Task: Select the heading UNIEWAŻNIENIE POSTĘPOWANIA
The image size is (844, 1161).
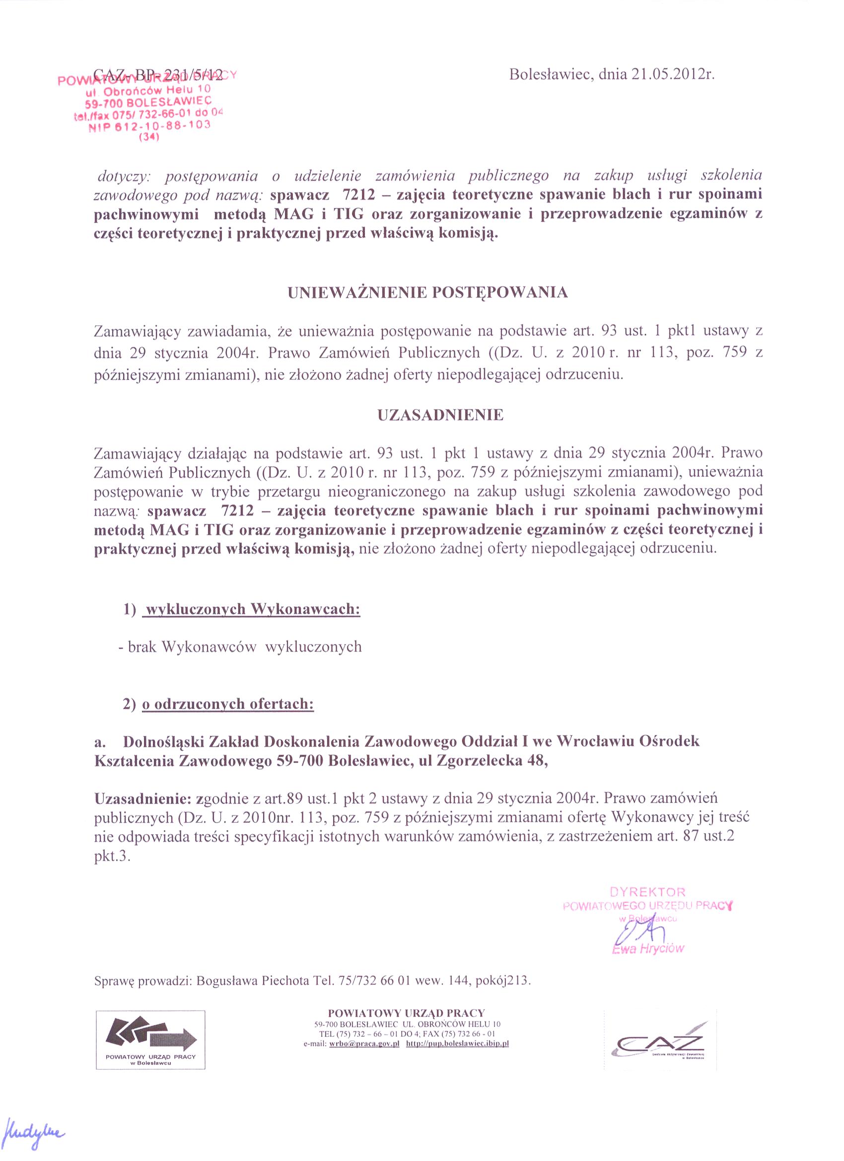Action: pyautogui.click(x=427, y=293)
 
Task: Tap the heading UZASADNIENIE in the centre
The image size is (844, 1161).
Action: pyautogui.click(x=440, y=415)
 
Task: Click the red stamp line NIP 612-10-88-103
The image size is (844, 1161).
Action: pyautogui.click(x=149, y=126)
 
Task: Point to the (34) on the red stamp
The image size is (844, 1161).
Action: pyautogui.click(x=149, y=137)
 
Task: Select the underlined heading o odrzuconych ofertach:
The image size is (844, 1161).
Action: pyautogui.click(x=228, y=704)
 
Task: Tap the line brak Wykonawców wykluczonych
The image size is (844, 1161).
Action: pyautogui.click(x=241, y=647)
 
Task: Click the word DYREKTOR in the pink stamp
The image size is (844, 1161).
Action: pyautogui.click(x=647, y=892)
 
